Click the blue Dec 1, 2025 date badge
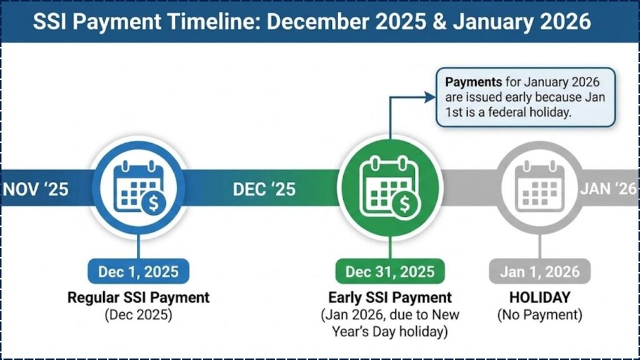click(138, 271)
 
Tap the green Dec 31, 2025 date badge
click(390, 271)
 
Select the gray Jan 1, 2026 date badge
click(539, 271)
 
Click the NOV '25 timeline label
click(36, 189)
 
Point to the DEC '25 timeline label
click(264, 189)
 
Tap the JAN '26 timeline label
click(608, 189)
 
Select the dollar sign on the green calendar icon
click(404, 203)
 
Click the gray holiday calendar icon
click(539, 186)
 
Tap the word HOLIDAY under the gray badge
click(539, 297)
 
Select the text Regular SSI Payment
click(138, 297)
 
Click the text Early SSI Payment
click(390, 297)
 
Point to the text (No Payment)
click(539, 314)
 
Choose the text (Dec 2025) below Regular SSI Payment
click(138, 314)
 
